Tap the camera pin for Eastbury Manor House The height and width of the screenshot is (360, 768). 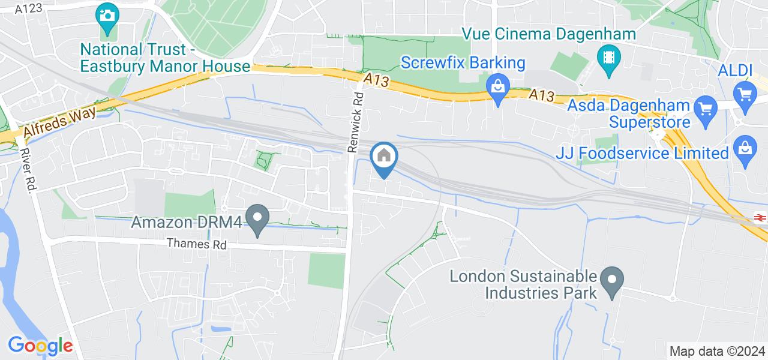107,16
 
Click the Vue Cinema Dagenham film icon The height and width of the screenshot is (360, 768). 610,58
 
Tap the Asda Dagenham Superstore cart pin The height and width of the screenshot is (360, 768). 701,109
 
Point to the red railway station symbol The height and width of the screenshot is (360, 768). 759,218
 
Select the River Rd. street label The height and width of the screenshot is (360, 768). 28,171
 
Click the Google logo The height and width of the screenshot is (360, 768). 40,346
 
